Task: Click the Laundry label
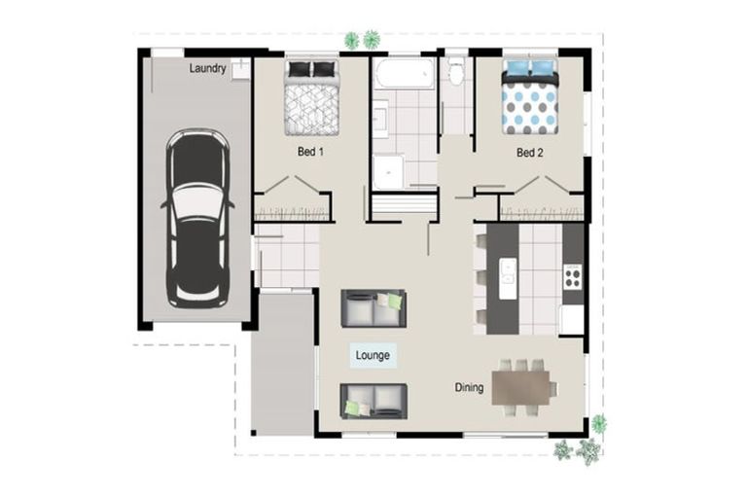pos(208,68)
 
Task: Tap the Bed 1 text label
pos(310,153)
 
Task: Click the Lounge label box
pos(373,356)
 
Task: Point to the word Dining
pos(469,388)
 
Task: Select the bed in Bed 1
pos(312,97)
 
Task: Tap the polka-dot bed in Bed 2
pos(530,97)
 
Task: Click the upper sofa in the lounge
pos(373,307)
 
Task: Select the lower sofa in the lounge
pos(373,401)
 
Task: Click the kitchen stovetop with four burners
pos(573,278)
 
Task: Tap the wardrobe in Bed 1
pos(292,208)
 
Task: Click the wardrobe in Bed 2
pos(542,208)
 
